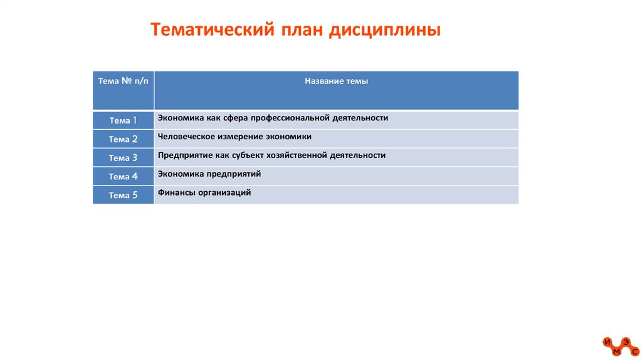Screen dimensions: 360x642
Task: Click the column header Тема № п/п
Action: pos(123,82)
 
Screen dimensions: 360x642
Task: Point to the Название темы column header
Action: pos(336,82)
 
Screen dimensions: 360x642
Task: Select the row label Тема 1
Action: pos(123,120)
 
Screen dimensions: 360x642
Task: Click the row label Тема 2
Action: pos(123,139)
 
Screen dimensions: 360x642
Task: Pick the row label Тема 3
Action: pos(123,158)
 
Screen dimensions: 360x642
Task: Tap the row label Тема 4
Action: pos(123,177)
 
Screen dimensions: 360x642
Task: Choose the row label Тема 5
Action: pos(123,195)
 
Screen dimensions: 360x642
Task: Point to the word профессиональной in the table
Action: pos(291,118)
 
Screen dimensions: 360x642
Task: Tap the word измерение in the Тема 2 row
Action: pos(239,136)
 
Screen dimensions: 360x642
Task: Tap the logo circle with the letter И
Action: pos(607,342)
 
